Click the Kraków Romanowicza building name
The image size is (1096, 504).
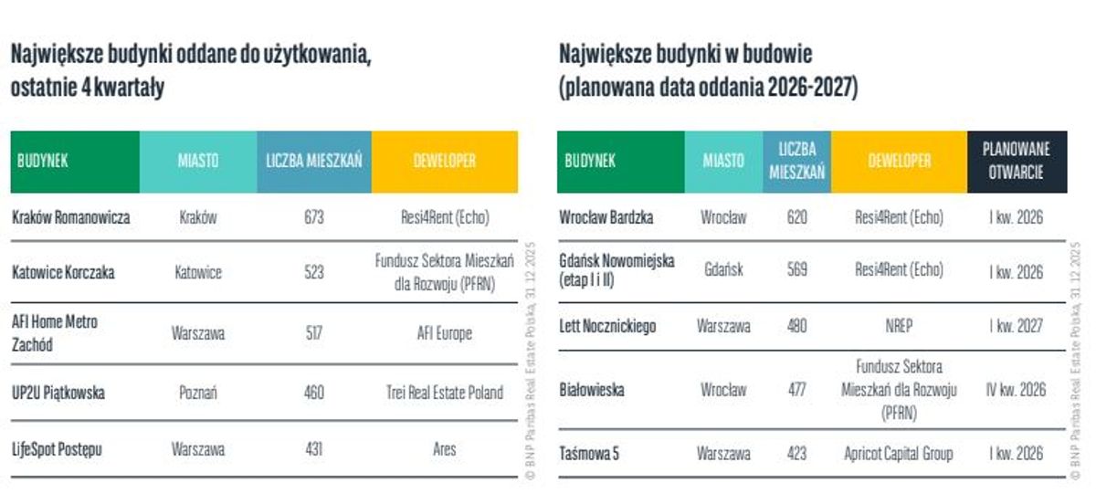pyautogui.click(x=71, y=218)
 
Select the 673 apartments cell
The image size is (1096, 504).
pyautogui.click(x=314, y=218)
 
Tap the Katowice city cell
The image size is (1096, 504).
pyautogui.click(x=198, y=272)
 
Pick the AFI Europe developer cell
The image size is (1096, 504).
pyautogui.click(x=445, y=333)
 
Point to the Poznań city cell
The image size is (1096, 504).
pyautogui.click(x=198, y=394)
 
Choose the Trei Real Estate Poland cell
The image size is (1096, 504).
pyautogui.click(x=445, y=394)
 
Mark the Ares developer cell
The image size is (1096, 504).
pyautogui.click(x=445, y=450)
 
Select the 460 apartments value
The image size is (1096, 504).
pyautogui.click(x=314, y=394)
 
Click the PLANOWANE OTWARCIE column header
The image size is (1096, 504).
pyautogui.click(x=1017, y=161)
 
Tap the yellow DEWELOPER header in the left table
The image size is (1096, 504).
pyautogui.click(x=445, y=161)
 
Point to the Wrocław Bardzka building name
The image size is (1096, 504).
pyautogui.click(x=606, y=218)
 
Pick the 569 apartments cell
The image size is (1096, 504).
pyautogui.click(x=796, y=271)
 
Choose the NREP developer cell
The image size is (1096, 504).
pyautogui.click(x=899, y=326)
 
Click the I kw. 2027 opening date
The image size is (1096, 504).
pyautogui.click(x=1017, y=326)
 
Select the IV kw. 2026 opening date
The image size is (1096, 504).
pyautogui.click(x=1017, y=390)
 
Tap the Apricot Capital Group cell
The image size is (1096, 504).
pyautogui.click(x=899, y=454)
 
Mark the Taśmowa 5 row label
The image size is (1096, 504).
pyautogui.click(x=589, y=454)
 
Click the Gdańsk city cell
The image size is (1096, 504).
pyautogui.click(x=723, y=271)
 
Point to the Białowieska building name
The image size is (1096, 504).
pyautogui.click(x=592, y=390)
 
